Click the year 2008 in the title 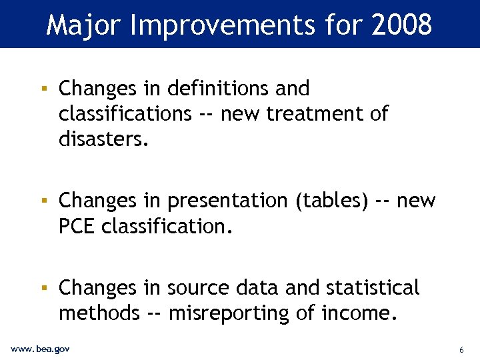tap(403, 25)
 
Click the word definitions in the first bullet tap(217, 88)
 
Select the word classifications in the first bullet tap(125, 114)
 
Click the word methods tap(99, 313)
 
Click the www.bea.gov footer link tap(41, 349)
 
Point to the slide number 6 tap(461, 350)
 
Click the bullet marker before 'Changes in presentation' tap(43, 200)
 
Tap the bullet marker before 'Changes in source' tap(43, 287)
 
